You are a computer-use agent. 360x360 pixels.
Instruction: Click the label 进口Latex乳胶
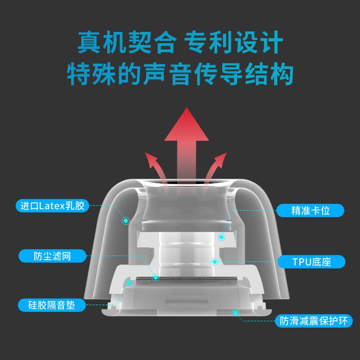52,206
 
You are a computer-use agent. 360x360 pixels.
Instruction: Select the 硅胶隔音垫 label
52,305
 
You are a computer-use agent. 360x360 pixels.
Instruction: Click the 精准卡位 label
310,210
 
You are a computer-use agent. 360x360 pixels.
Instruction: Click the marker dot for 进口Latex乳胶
126,220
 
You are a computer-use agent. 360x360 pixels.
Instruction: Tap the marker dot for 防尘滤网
156,278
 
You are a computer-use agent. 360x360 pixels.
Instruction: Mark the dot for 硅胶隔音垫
130,283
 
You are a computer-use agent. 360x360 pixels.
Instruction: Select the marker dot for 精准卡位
221,236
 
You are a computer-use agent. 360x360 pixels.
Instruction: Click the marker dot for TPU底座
215,261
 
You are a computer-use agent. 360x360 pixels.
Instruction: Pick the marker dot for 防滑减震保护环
234,312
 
